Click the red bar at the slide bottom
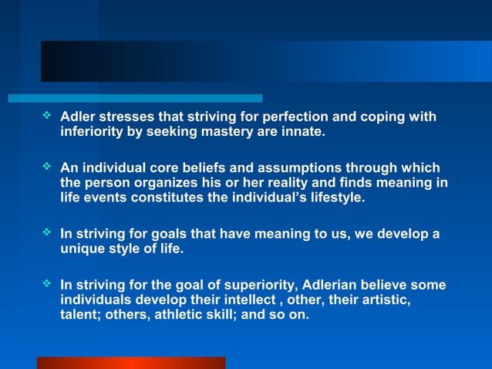click(131, 363)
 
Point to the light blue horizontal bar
click(135, 99)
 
